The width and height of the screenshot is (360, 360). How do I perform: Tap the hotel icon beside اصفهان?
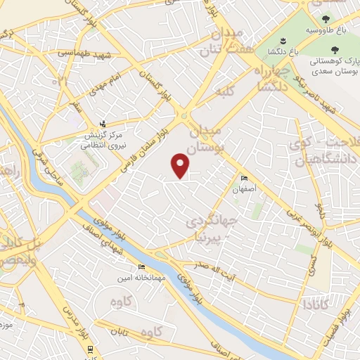244,179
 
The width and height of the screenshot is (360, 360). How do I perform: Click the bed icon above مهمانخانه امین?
141,267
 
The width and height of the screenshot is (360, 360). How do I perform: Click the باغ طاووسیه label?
326,32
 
